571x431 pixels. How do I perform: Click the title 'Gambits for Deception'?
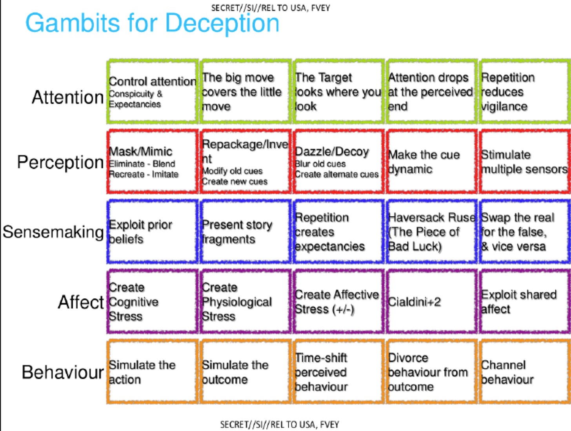(x=152, y=23)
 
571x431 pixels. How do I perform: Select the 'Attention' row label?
(x=67, y=97)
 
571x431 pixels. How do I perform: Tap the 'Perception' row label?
(x=60, y=162)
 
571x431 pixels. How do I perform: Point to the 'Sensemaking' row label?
(x=53, y=232)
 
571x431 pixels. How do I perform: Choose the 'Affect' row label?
(x=81, y=302)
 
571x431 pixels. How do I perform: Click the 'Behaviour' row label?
(x=63, y=372)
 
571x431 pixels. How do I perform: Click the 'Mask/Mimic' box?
(x=152, y=162)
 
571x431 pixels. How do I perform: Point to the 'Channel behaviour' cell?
(x=524, y=372)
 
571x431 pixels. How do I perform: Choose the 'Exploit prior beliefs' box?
(x=152, y=232)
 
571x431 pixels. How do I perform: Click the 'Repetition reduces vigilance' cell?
(x=524, y=92)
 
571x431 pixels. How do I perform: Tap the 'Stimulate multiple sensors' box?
(x=524, y=162)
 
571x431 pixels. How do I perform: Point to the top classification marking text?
(x=271, y=7)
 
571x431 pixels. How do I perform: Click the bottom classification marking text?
(x=279, y=424)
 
